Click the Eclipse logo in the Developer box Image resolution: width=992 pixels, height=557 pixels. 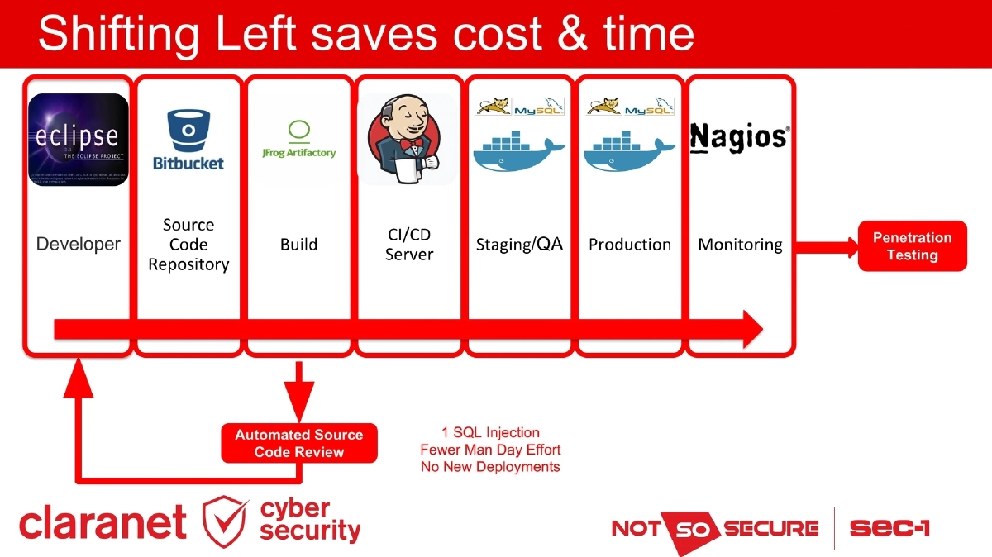79,139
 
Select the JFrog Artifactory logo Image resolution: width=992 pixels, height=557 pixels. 298,140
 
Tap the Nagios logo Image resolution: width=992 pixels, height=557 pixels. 739,136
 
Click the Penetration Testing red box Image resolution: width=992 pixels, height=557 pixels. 912,246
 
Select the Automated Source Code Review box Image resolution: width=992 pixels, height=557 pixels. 298,443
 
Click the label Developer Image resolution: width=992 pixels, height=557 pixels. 79,245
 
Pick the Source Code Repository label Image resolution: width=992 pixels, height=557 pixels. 188,245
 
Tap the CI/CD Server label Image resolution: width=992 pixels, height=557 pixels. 408,245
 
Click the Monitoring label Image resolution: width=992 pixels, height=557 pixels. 740,245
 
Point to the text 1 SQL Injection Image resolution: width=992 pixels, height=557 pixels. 490,432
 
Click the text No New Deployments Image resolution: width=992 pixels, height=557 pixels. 490,467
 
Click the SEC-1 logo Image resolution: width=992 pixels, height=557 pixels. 889,528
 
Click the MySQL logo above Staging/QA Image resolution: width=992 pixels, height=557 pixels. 539,107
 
